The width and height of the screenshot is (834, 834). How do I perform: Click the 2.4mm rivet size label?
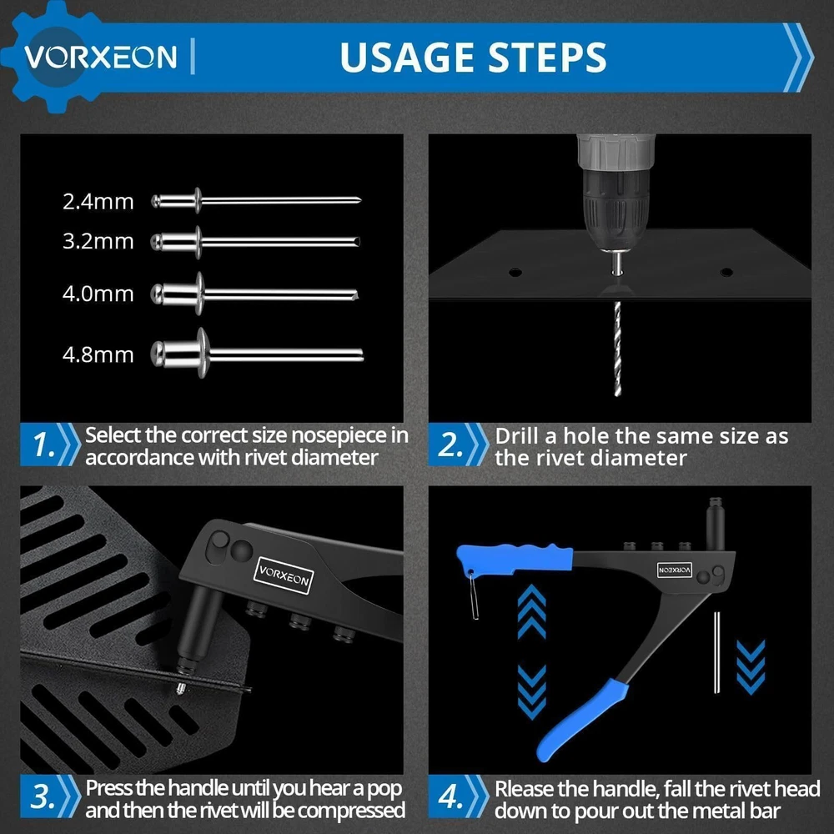(98, 202)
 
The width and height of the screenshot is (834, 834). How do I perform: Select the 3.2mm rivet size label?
(98, 242)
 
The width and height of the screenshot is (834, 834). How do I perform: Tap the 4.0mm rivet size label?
(98, 294)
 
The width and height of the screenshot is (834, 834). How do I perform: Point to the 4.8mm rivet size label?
(98, 354)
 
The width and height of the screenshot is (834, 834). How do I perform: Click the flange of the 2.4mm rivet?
(198, 200)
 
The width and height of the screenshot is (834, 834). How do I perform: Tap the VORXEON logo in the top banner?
(101, 57)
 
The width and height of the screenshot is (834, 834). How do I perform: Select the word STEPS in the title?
(548, 57)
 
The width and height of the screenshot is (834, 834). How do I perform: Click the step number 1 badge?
(43, 445)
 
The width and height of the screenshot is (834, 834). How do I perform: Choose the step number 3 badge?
(43, 796)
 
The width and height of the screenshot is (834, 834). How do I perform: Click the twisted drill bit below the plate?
(617, 349)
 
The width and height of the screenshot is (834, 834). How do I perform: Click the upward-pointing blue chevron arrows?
(531, 610)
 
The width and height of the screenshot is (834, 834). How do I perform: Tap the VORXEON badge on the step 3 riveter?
(284, 575)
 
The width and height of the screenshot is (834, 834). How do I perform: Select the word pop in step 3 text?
(384, 789)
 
